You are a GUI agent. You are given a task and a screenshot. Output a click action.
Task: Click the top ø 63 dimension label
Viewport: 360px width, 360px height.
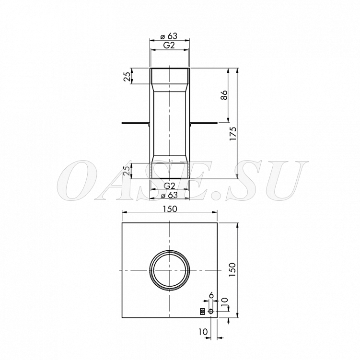[x=169, y=36]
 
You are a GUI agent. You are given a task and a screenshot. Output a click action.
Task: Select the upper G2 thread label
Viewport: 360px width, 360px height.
[x=169, y=45]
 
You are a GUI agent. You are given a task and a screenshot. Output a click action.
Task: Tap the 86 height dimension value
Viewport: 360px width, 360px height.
[x=224, y=95]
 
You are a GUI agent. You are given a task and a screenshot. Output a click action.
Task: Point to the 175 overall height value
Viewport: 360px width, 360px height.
[x=233, y=134]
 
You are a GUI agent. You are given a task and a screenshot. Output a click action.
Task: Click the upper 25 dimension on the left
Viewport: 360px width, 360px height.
[x=127, y=76]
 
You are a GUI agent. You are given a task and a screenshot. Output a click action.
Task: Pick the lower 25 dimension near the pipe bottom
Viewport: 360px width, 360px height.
[x=127, y=171]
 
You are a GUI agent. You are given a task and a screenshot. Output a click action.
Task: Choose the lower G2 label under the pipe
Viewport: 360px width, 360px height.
[x=170, y=186]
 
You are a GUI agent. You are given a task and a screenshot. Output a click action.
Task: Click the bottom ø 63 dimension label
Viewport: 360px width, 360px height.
[x=169, y=195]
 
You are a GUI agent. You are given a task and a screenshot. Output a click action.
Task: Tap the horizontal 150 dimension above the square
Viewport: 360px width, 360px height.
[x=170, y=209]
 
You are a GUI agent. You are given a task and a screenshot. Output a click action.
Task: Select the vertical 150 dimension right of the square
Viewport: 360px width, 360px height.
[x=232, y=269]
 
